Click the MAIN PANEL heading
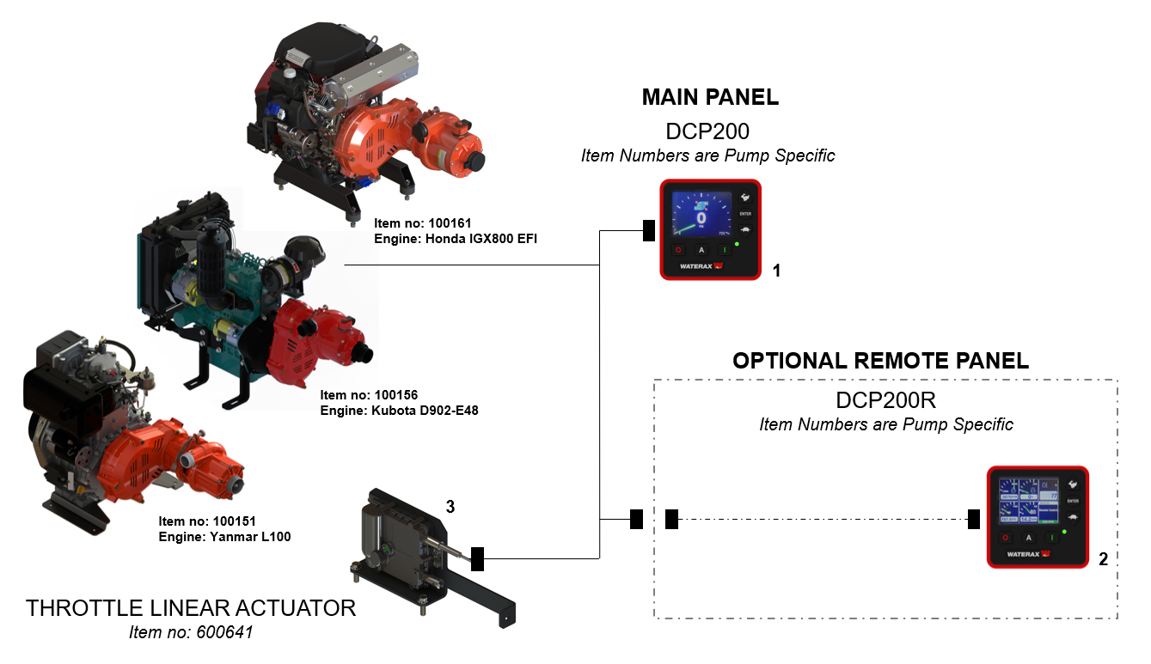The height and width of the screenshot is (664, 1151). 710,97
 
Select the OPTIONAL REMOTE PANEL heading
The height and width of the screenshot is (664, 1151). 880,360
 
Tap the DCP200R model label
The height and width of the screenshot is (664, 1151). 885,400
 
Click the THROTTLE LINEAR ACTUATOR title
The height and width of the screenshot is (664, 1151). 191,608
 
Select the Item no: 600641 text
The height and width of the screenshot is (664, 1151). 191,633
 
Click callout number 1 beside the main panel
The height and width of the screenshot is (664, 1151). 776,271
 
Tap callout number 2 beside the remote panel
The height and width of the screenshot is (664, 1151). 1103,558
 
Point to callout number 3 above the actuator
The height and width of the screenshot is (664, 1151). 450,507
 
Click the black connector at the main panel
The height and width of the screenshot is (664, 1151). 649,230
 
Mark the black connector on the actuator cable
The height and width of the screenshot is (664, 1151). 477,558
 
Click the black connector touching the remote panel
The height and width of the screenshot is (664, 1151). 974,519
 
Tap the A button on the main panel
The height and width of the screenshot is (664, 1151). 701,250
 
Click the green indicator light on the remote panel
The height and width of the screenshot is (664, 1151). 1064,533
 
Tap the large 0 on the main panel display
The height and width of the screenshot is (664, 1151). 701,217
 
